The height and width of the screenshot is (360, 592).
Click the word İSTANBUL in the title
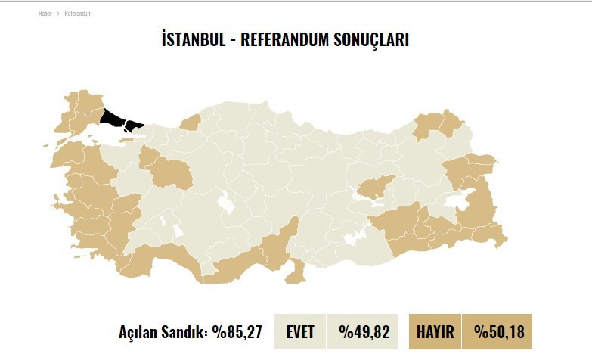pos(194,39)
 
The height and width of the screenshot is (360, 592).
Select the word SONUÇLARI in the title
pos(370,39)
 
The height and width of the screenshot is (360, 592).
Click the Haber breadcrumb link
pos(45,14)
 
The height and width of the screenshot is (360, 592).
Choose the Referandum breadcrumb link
pos(78,14)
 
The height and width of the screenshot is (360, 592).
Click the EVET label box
pos(300,331)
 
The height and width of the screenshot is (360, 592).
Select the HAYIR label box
pos(435,331)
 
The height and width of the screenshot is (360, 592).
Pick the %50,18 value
pos(498,331)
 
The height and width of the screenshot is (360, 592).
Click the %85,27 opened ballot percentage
pos(237,331)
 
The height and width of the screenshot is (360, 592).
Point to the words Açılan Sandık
pos(162,331)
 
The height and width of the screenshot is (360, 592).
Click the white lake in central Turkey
pos(225,203)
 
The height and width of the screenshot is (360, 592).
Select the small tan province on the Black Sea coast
pos(191,122)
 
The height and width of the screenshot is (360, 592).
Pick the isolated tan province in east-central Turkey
pos(375,187)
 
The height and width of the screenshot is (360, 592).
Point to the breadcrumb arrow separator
pos(58,14)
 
